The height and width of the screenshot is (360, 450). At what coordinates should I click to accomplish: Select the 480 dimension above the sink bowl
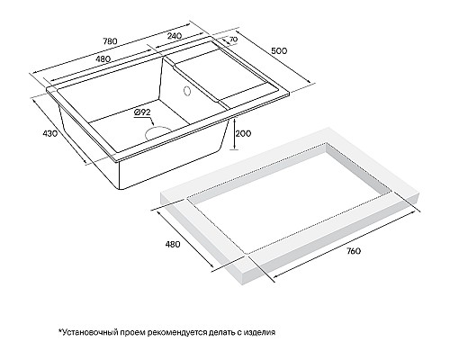pyautogui.click(x=104, y=59)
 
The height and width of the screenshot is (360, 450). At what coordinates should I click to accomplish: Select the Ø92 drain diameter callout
pyautogui.click(x=142, y=112)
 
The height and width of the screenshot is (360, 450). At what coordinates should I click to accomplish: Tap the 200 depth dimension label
pyautogui.click(x=240, y=133)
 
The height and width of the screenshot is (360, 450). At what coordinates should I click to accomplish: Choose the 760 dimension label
pyautogui.click(x=352, y=250)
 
